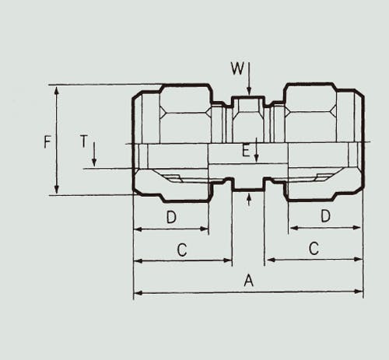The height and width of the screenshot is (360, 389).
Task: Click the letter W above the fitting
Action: pyautogui.click(x=237, y=68)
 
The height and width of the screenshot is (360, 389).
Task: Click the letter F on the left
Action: pyautogui.click(x=47, y=142)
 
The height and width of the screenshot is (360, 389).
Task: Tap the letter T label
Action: pyautogui.click(x=84, y=142)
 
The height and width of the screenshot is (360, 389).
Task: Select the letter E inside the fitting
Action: pyautogui.click(x=246, y=151)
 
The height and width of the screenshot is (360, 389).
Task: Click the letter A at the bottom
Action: pyautogui.click(x=248, y=281)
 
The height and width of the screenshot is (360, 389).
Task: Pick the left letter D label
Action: pyautogui.click(x=171, y=217)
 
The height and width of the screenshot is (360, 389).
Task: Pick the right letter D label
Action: pyautogui.click(x=325, y=216)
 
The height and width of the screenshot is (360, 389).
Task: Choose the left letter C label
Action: pyautogui.click(x=182, y=250)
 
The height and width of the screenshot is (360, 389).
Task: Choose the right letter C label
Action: pyautogui.click(x=314, y=249)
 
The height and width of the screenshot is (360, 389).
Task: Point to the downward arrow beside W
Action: pyautogui.click(x=249, y=79)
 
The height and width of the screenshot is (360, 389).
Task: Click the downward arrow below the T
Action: pyautogui.click(x=94, y=154)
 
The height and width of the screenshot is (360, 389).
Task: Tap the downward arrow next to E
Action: pyautogui.click(x=256, y=150)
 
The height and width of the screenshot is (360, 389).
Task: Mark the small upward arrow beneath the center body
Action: pyautogui.click(x=249, y=199)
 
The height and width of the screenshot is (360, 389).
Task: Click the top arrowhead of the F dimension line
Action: pyautogui.click(x=57, y=90)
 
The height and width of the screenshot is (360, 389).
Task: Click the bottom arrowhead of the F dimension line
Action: pyautogui.click(x=57, y=190)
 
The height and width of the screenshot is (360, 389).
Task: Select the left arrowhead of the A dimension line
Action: pyautogui.click(x=138, y=293)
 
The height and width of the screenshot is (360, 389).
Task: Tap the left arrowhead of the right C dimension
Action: pyautogui.click(x=271, y=260)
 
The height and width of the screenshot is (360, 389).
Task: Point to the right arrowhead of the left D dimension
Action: pyautogui.click(x=204, y=229)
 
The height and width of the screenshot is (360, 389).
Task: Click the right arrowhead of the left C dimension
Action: pyautogui.click(x=227, y=260)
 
